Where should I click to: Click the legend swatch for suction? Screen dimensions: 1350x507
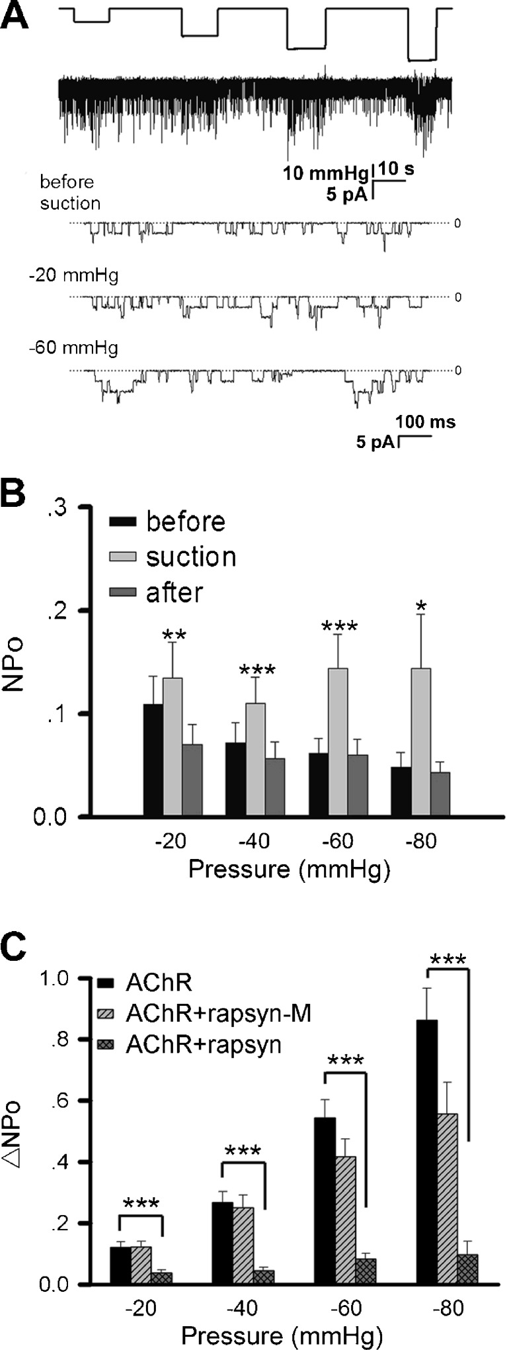[x=123, y=557]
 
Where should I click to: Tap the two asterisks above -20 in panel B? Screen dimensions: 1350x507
[x=173, y=636]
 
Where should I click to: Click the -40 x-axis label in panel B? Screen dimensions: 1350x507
[x=254, y=842]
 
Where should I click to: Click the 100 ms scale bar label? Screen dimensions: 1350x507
[x=425, y=422]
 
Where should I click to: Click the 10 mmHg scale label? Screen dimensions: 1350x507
[x=325, y=174]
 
